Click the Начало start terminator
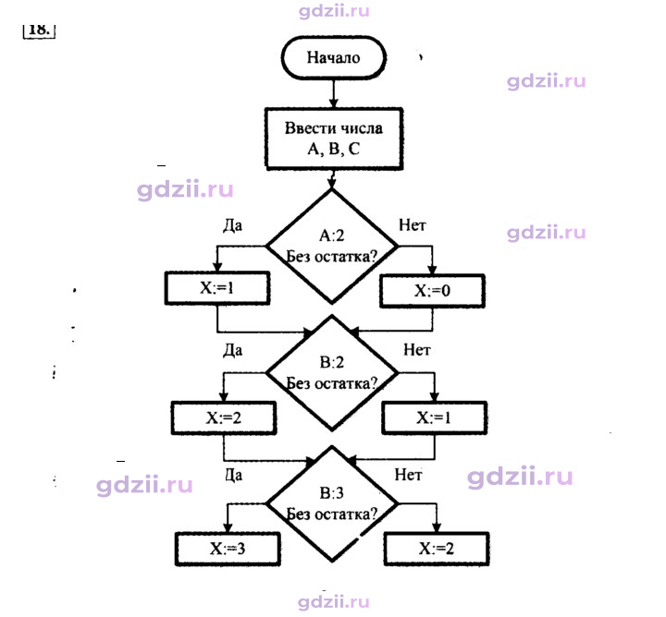(333, 57)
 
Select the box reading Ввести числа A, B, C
(333, 139)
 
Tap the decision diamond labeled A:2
(332, 246)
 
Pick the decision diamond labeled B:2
(332, 373)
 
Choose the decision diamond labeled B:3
(332, 503)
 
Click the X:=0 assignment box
(432, 291)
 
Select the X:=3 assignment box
(228, 550)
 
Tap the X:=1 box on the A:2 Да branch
(217, 288)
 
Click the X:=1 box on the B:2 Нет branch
(434, 417)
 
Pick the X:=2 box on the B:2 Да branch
(224, 418)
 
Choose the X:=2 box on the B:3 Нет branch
(437, 549)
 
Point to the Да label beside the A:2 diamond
(233, 225)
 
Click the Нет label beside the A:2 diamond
(412, 225)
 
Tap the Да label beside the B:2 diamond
(233, 350)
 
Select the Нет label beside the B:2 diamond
(416, 350)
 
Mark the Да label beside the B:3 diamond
(234, 475)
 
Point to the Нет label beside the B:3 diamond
(408, 475)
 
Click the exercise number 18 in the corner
(39, 30)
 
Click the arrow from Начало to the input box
(333, 93)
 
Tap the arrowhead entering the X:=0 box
(432, 270)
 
